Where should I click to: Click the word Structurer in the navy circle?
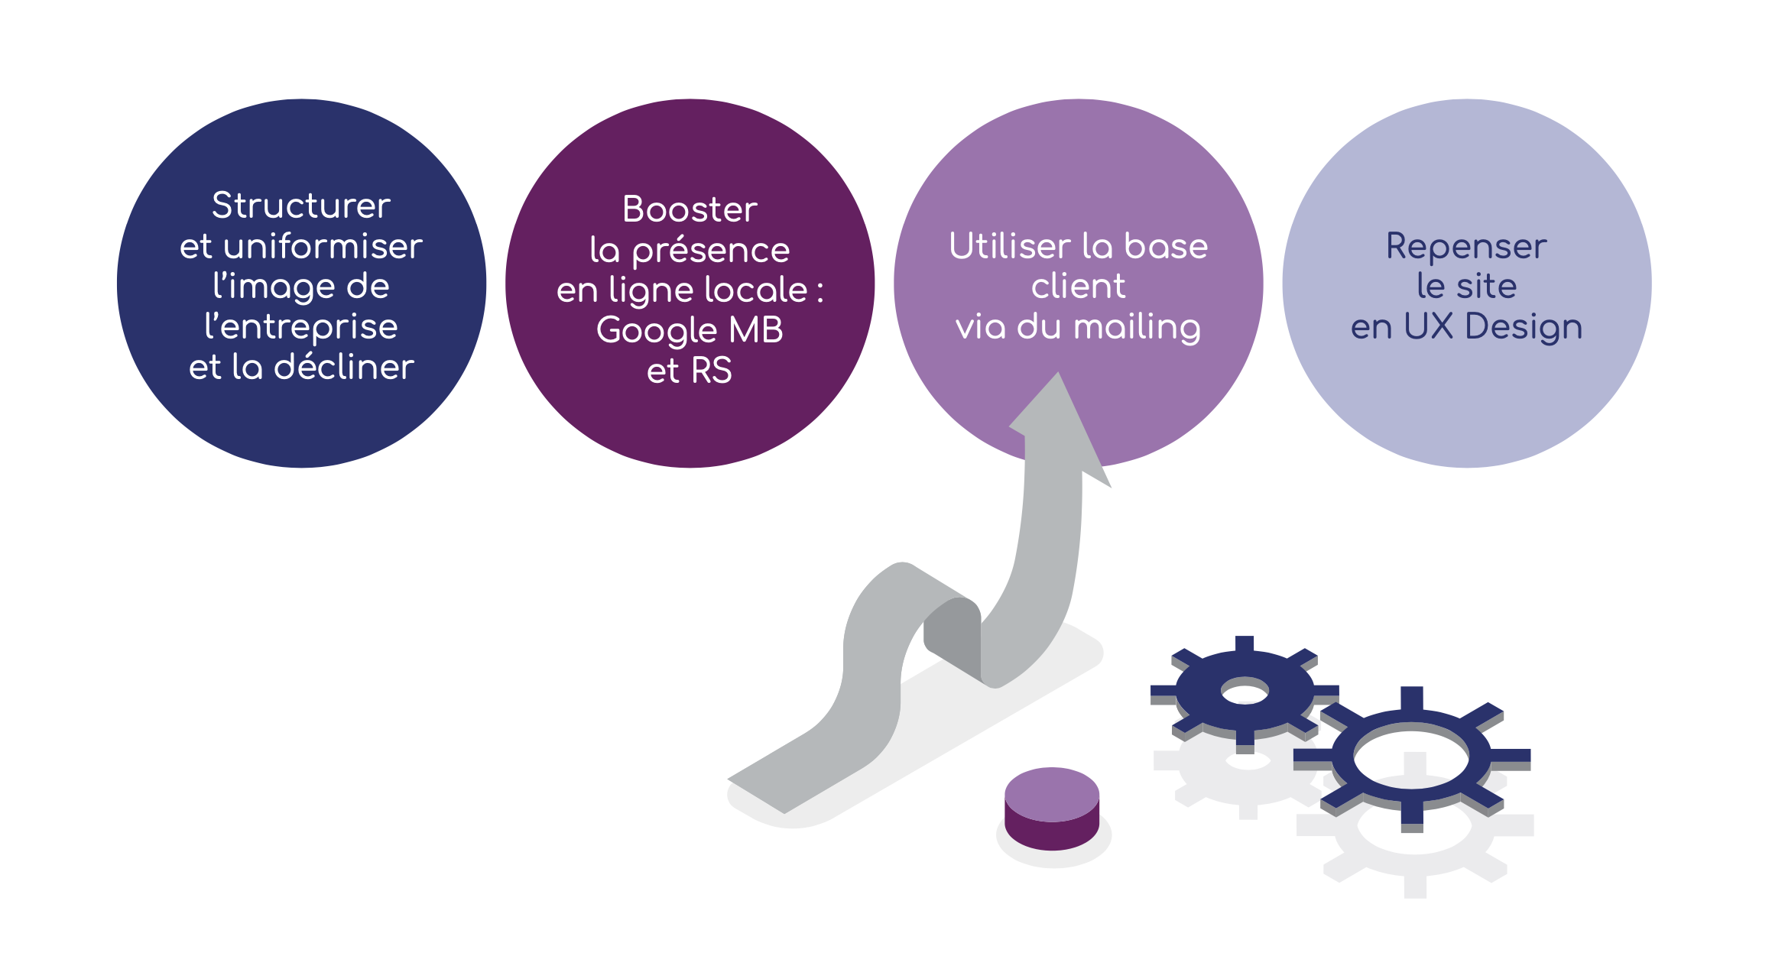[300, 206]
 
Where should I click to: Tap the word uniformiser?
[323, 246]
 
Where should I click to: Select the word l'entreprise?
[300, 327]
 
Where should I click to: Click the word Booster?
[690, 209]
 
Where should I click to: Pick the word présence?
[711, 251]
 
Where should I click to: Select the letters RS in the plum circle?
[711, 371]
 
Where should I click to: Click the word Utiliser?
[1009, 246]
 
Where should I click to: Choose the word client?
[1078, 287]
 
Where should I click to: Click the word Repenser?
[1466, 247]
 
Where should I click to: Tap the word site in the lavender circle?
[1486, 287]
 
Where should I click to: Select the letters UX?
[1428, 327]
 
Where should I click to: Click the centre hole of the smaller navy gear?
[1245, 693]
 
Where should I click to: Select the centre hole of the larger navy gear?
[1411, 759]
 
